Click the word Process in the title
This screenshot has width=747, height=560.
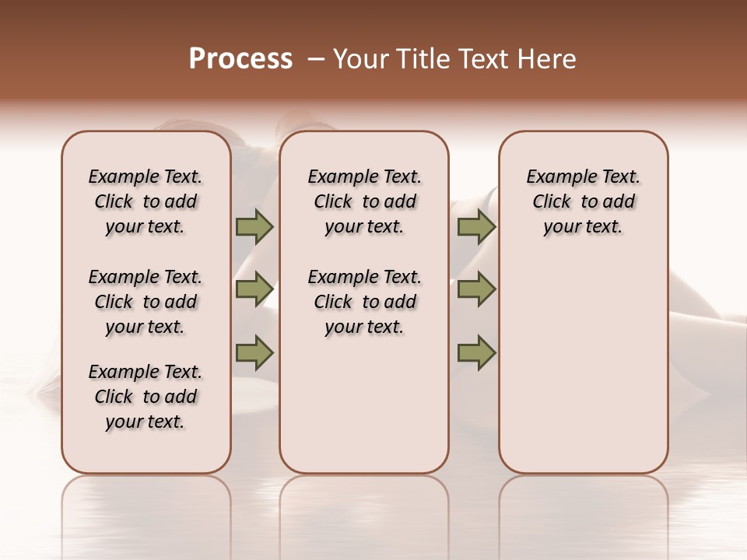click(240, 59)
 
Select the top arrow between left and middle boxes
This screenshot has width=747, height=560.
click(254, 226)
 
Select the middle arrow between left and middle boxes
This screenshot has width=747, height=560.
click(254, 289)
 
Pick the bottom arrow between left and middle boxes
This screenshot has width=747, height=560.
click(254, 353)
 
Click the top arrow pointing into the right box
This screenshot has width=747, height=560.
click(476, 226)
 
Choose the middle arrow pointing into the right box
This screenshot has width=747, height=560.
click(476, 289)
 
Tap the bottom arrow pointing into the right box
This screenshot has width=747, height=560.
click(476, 353)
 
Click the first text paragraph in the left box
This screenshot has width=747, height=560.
click(146, 201)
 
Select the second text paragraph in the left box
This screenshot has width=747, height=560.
click(146, 302)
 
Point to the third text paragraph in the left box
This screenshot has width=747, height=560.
click(146, 397)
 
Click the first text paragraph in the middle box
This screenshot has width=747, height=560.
click(364, 201)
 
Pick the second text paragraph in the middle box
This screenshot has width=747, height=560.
click(364, 302)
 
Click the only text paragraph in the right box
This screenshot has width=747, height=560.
click(584, 201)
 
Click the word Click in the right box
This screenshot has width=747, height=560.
click(552, 202)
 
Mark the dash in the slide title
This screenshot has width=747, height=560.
click(315, 59)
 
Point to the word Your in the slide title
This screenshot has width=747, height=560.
click(361, 59)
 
